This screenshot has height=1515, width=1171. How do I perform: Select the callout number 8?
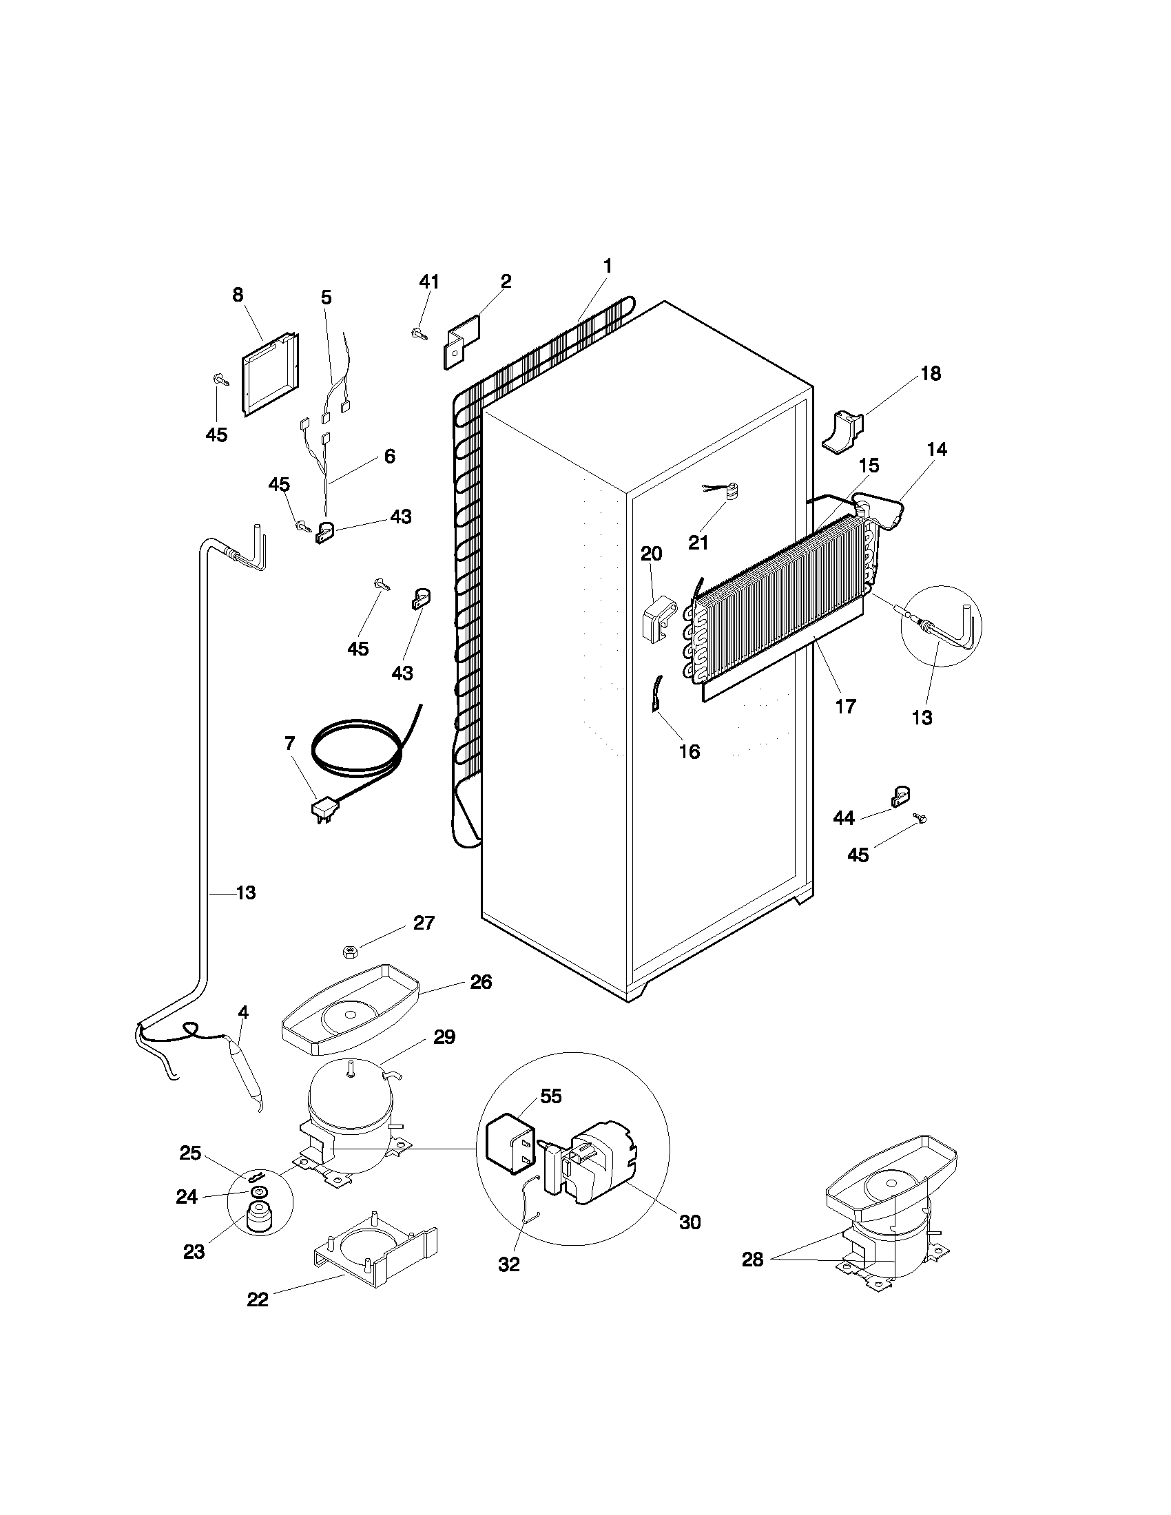[238, 295]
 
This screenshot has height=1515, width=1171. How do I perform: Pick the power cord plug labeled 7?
[324, 808]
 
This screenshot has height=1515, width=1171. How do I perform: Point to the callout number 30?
[690, 1222]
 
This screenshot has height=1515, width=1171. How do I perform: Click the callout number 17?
[846, 706]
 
